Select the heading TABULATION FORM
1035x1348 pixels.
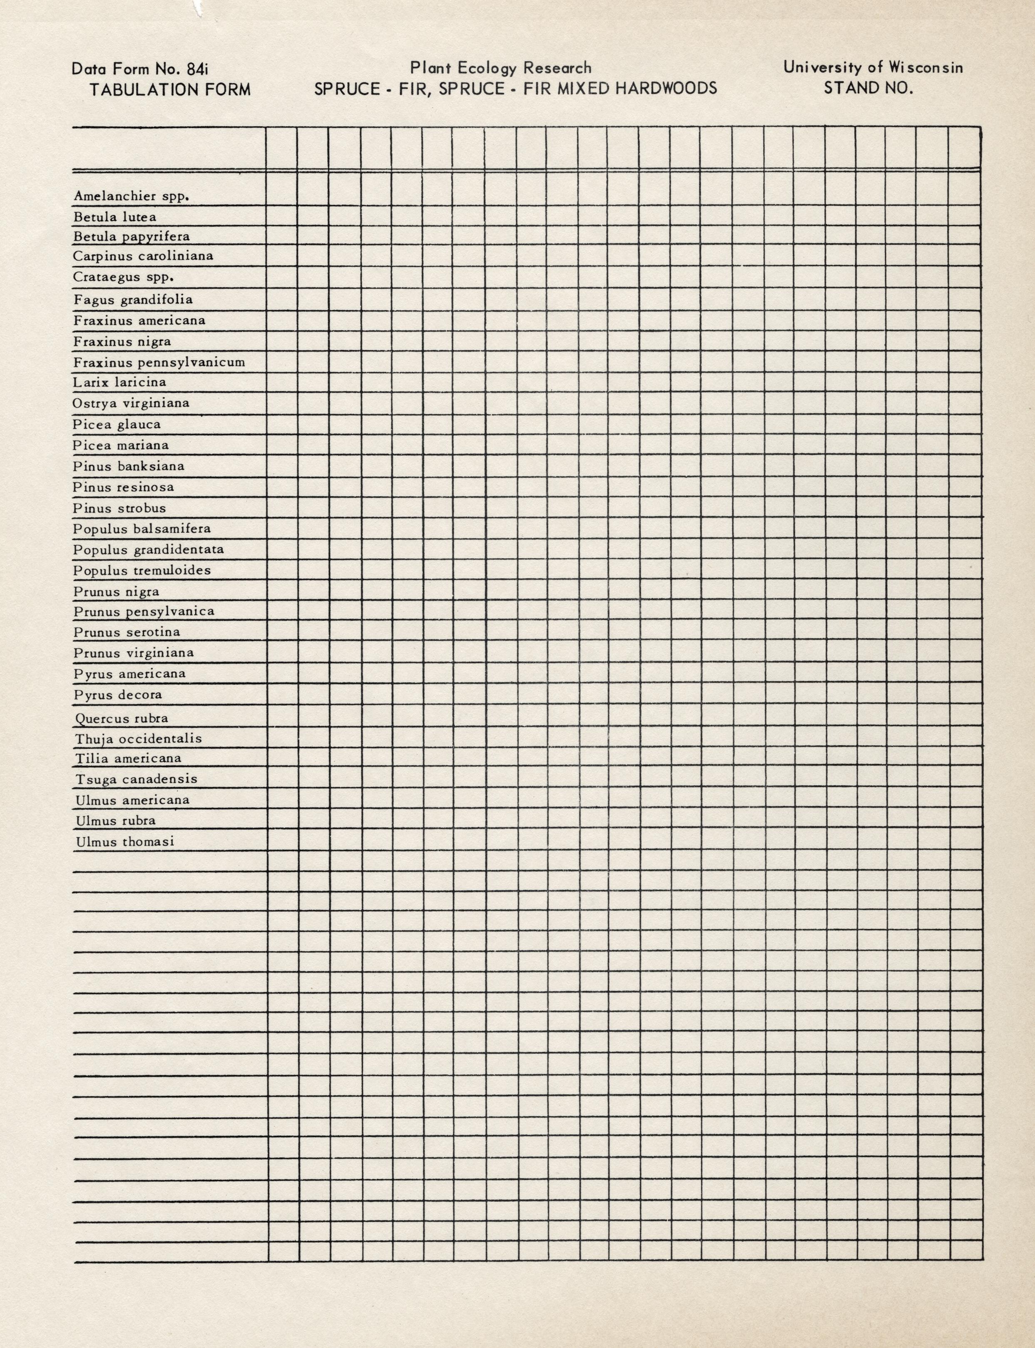[170, 90]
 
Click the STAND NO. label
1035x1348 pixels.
[868, 88]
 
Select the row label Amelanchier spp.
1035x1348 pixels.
[131, 196]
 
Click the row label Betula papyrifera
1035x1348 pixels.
[131, 237]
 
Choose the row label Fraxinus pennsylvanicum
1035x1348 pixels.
[159, 362]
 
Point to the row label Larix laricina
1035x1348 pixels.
[119, 382]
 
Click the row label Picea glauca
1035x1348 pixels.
[117, 424]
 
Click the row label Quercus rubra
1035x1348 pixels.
[122, 718]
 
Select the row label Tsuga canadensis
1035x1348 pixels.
[136, 779]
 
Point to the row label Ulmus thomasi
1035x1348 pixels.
[125, 842]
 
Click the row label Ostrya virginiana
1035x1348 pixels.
[131, 403]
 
